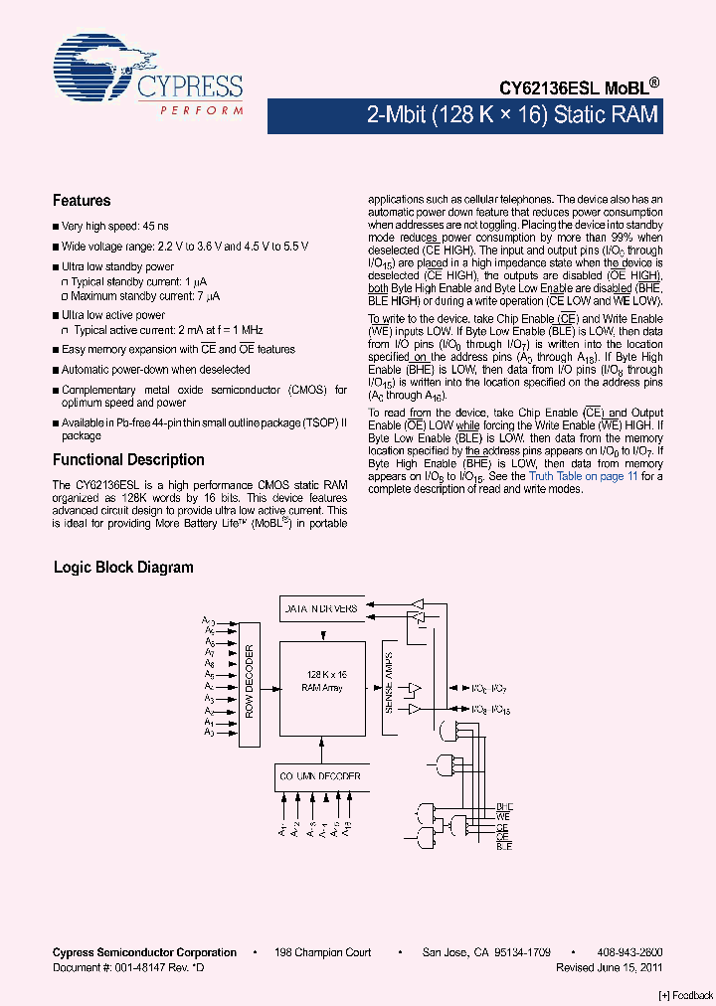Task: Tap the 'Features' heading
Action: pos(82,201)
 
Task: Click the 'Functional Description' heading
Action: pos(128,460)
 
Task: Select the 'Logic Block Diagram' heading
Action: pos(123,568)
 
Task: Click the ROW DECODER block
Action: pos(249,682)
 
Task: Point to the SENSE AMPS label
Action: pos(390,681)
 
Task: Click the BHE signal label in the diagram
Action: pos(503,806)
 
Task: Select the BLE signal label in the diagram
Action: pos(503,846)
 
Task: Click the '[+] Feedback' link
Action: pos(686,995)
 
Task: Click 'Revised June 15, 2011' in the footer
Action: pos(610,967)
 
